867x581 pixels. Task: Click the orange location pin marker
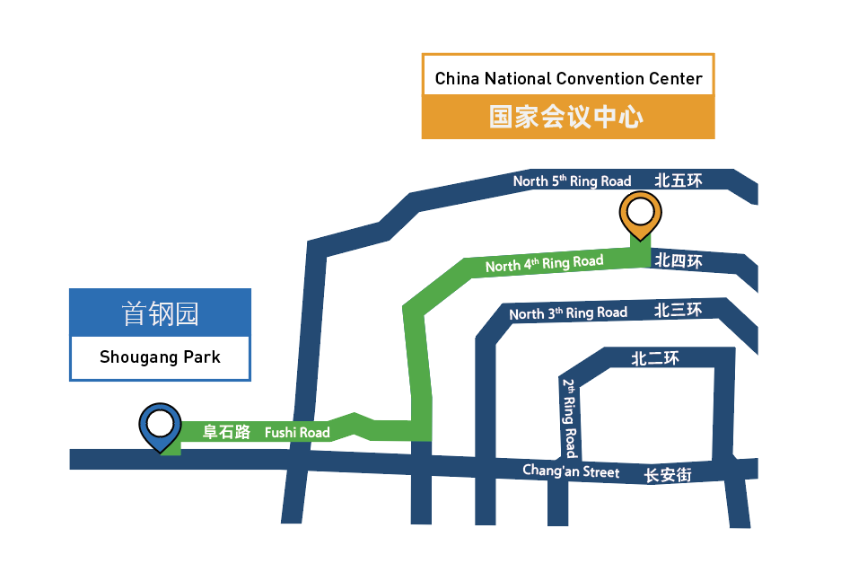coord(640,216)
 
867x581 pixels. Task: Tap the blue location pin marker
coord(160,427)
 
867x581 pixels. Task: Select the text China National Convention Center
coord(568,78)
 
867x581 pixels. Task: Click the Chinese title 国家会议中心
coord(566,117)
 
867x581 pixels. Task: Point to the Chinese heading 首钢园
coord(160,313)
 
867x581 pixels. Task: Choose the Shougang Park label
coord(160,357)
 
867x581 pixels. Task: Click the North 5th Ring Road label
coord(572,180)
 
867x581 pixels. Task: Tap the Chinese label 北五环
coord(679,180)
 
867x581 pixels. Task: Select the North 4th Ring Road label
coord(544,263)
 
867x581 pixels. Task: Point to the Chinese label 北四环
coord(679,260)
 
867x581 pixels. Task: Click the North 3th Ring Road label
coord(568,313)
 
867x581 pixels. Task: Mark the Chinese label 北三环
coord(678,311)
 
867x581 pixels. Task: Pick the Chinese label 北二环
coord(655,358)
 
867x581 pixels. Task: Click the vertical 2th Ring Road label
coord(570,418)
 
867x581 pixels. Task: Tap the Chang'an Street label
coord(571,471)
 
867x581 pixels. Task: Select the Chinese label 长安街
coord(668,475)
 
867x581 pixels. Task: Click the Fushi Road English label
coord(297,432)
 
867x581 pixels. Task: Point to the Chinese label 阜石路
coord(227,432)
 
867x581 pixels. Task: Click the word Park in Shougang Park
coord(202,357)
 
